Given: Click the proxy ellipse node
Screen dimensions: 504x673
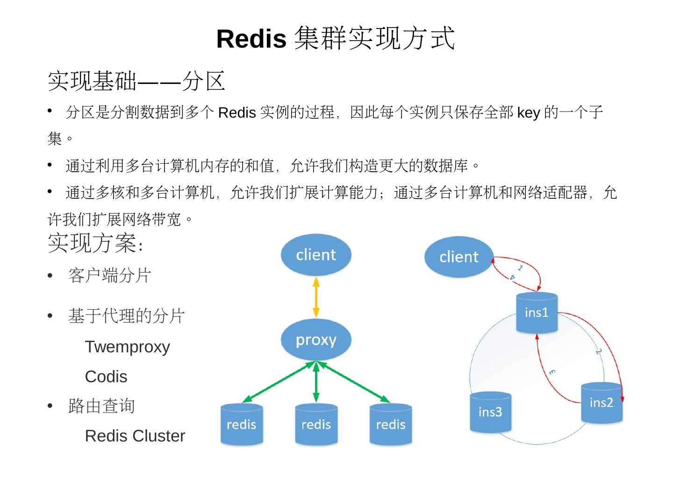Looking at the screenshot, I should pos(316,339).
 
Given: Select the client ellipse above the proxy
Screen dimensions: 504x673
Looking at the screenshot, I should pos(316,255).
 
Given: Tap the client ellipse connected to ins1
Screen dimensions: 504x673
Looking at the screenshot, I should pos(459,257).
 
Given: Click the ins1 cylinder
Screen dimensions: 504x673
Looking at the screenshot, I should pos(537,313).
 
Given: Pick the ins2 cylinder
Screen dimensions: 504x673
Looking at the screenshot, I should pos(601,403).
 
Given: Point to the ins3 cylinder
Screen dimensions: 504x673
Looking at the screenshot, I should pos(490,412).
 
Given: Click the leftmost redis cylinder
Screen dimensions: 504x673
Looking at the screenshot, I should pos(242,424).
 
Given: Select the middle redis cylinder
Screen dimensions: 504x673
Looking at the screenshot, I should pos(316,424).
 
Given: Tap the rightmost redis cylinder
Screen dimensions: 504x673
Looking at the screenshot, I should pos(391,424).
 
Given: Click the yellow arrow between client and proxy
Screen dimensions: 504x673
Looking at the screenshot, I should pos(316,297).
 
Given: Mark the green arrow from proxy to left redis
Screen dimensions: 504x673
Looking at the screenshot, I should pos(279,382).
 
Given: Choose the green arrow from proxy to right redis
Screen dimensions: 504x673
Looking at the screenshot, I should pos(354,382).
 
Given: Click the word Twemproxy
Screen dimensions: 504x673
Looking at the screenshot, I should pos(127,347).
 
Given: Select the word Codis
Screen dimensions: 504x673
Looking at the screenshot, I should pos(106,377).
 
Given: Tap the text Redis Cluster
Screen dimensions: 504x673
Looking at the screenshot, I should pos(135,436).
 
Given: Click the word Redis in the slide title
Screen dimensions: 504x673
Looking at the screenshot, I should pos(251,39).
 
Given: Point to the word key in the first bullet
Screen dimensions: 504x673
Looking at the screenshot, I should pos(529,113).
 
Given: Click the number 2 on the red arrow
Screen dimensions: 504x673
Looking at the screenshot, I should pos(599,351).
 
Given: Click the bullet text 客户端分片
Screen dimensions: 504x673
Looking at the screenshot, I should pos(110,275).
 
